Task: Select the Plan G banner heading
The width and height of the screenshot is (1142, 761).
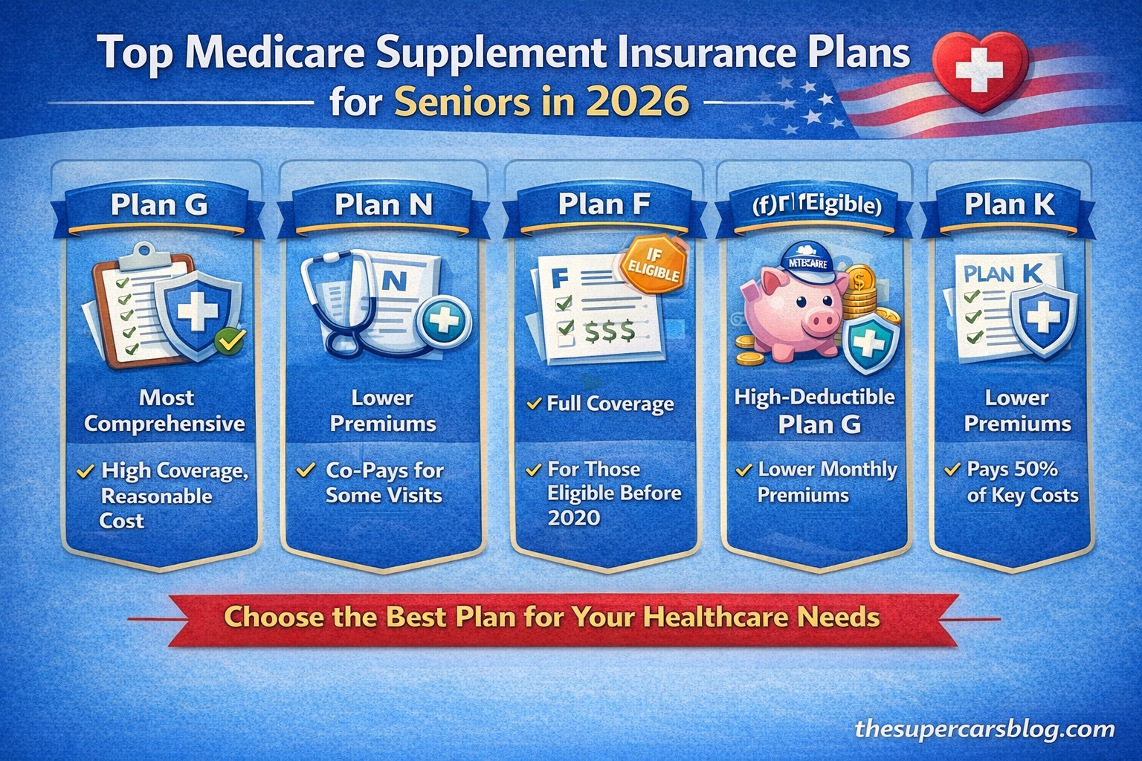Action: coord(159,205)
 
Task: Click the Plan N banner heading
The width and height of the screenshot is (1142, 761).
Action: coord(383,205)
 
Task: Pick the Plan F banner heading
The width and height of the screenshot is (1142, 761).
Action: coord(604,204)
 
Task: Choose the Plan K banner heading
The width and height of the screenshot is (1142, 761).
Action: coord(1009,204)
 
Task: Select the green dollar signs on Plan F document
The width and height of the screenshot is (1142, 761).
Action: coord(609,330)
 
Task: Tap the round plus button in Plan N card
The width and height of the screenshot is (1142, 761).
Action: coord(445,322)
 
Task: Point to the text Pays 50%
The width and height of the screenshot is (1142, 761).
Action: coord(1012,470)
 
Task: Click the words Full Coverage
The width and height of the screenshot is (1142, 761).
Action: coord(610,404)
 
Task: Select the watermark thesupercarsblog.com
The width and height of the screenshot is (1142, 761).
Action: coord(984,729)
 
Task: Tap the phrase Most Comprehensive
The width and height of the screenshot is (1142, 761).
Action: coord(165,411)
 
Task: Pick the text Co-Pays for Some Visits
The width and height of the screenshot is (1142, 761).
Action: coord(384,483)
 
